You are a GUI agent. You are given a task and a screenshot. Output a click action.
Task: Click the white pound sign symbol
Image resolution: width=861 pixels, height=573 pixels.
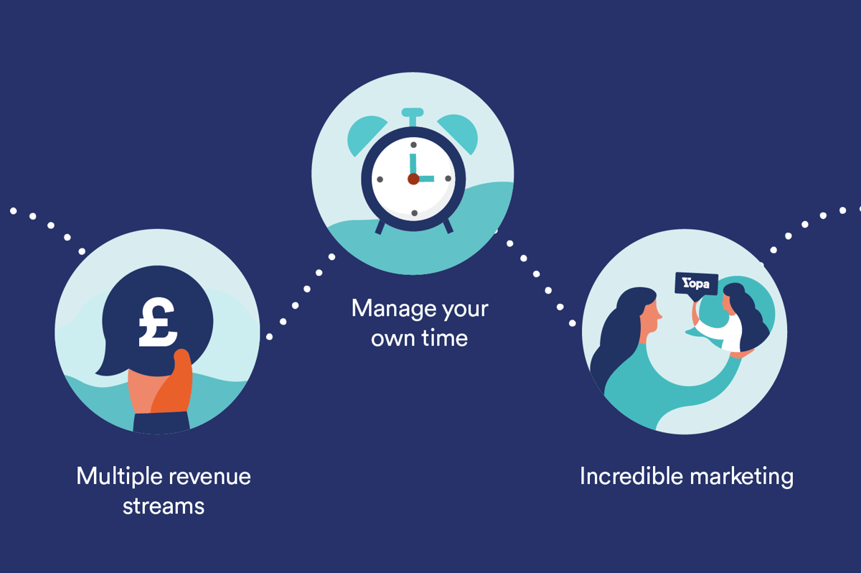pyautogui.click(x=158, y=323)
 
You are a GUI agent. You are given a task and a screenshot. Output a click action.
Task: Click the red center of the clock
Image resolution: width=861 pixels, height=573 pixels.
pyautogui.click(x=413, y=179)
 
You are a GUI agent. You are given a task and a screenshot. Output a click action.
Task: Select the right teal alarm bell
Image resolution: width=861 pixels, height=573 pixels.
pyautogui.click(x=459, y=133)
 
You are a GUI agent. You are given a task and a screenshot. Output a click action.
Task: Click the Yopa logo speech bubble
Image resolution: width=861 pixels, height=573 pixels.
pyautogui.click(x=697, y=285)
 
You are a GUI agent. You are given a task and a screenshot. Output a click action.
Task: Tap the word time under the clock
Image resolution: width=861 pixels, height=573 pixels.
pyautogui.click(x=445, y=338)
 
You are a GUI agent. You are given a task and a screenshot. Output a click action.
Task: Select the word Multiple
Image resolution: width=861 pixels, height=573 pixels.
pyautogui.click(x=120, y=477)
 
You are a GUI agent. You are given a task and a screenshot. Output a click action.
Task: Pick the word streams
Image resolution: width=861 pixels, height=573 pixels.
pyautogui.click(x=164, y=506)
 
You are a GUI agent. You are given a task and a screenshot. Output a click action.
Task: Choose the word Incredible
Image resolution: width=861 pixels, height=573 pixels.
pyautogui.click(x=631, y=476)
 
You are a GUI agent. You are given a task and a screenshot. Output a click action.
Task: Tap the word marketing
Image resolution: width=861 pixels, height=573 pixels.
pyautogui.click(x=742, y=477)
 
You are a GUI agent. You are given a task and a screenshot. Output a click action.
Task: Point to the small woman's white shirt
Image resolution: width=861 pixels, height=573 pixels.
pyautogui.click(x=723, y=332)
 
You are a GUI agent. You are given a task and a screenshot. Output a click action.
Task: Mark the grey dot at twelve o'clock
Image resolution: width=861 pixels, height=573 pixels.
pyautogui.click(x=413, y=145)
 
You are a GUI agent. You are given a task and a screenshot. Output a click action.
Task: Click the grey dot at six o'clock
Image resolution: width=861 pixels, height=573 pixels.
pyautogui.click(x=415, y=213)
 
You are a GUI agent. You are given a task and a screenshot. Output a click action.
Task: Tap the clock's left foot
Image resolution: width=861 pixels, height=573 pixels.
pyautogui.click(x=380, y=227)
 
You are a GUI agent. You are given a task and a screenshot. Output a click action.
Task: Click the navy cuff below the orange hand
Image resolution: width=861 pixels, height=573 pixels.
pyautogui.click(x=161, y=422)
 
